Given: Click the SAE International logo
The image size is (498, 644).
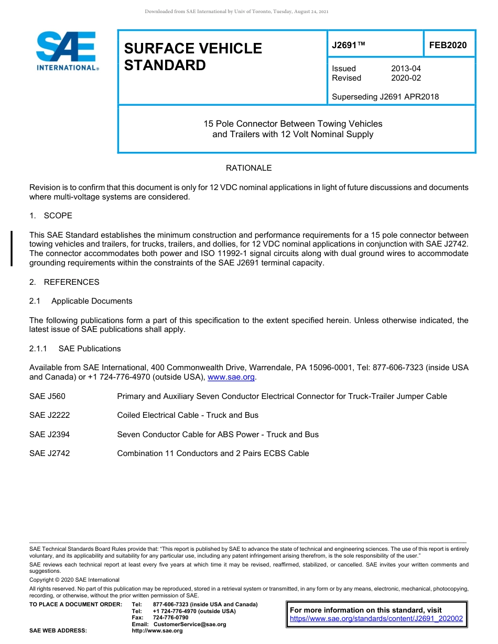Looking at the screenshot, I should [x=67, y=51].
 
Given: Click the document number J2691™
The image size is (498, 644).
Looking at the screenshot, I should [x=348, y=46].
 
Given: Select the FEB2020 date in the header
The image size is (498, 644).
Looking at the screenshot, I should [x=448, y=46].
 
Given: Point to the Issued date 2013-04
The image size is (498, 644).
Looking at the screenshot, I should [x=406, y=69].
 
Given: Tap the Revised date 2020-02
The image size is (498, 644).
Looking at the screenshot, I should [x=406, y=78].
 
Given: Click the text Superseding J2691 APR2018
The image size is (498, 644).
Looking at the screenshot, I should [x=385, y=97].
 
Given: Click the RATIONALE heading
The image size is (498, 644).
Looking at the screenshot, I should [x=248, y=168].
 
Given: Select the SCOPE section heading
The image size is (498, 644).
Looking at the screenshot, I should [x=58, y=216].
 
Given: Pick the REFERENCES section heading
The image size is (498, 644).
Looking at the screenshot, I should [x=71, y=282].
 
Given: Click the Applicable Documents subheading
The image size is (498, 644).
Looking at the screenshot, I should [x=92, y=301].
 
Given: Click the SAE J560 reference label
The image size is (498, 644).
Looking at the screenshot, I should [x=47, y=396].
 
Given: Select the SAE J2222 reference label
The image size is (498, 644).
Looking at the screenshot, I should [x=49, y=415].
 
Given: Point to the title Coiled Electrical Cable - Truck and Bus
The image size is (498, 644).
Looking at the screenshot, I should [x=188, y=415].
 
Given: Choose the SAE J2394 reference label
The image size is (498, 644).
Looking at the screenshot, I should [x=49, y=435].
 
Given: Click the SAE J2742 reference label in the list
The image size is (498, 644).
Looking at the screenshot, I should [x=49, y=453].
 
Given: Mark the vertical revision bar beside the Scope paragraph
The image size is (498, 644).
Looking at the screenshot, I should [x=12, y=249].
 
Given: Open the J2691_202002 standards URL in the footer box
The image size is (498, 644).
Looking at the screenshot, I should [x=376, y=618].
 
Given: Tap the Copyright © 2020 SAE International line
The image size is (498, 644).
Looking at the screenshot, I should [x=74, y=580].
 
